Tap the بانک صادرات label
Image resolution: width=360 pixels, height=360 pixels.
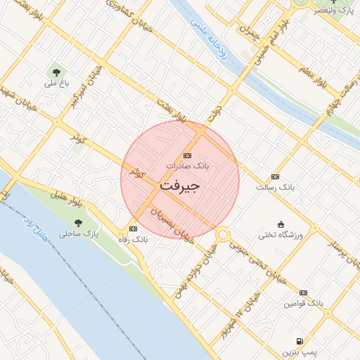pyautogui.click(x=188, y=165)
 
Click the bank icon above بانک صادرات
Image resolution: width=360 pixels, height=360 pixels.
pyautogui.click(x=187, y=155)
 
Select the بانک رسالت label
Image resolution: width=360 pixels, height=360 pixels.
pyautogui.click(x=275, y=188)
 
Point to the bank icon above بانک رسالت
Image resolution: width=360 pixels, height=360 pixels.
pyautogui.click(x=275, y=177)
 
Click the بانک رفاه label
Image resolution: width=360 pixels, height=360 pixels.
pyautogui.click(x=133, y=239)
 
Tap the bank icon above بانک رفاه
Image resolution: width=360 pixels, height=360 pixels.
pyautogui.click(x=133, y=229)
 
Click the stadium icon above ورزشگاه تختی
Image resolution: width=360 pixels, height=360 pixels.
pyautogui.click(x=281, y=224)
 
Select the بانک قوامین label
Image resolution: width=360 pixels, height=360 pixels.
pyautogui.click(x=303, y=303)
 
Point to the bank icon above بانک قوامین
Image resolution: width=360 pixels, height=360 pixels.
pyautogui.click(x=303, y=292)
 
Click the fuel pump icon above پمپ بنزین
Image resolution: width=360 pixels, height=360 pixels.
pyautogui.click(x=301, y=340)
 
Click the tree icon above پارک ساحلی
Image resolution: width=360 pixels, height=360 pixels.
pyautogui.click(x=77, y=222)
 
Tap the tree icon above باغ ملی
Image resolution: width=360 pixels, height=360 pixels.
pyautogui.click(x=56, y=72)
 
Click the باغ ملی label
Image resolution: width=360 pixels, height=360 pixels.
pyautogui.click(x=56, y=83)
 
